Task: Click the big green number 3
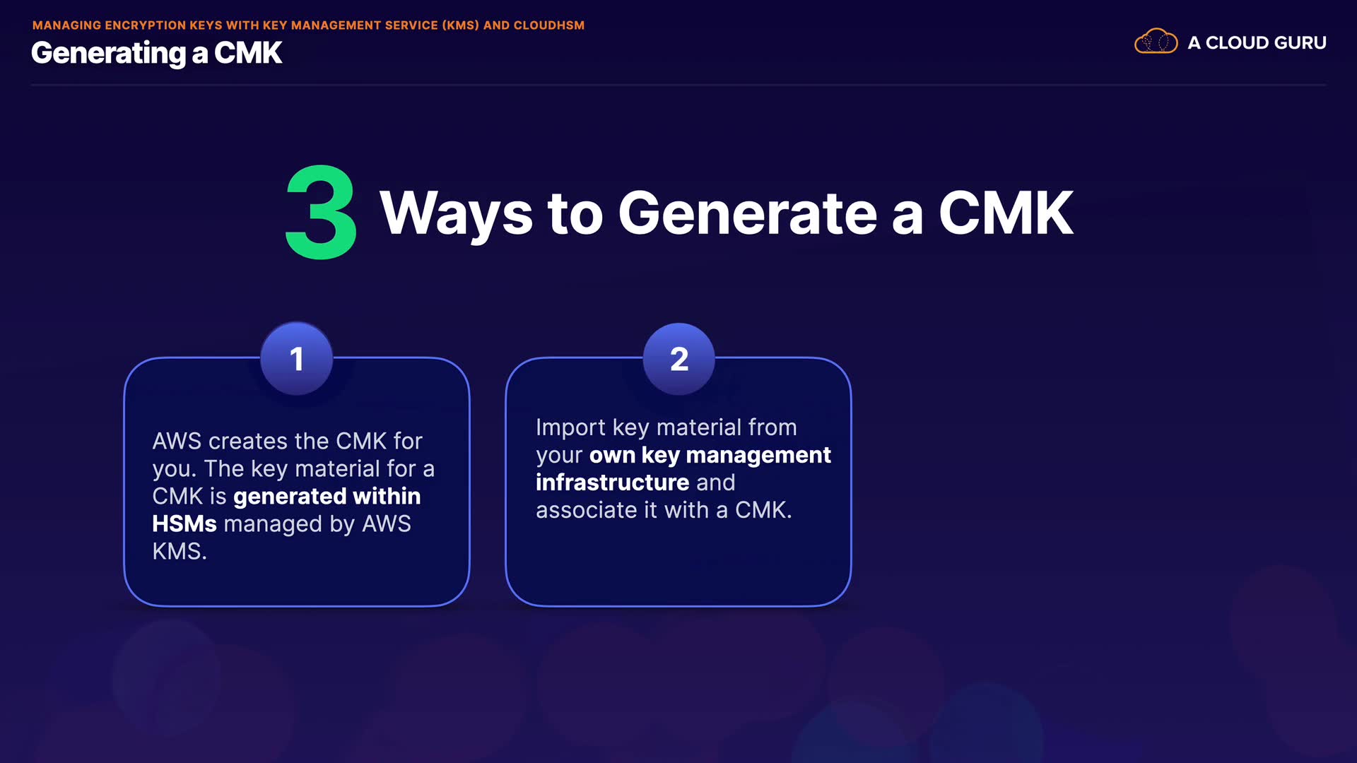point(321,212)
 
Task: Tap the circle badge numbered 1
point(297,359)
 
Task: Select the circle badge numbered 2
point(678,359)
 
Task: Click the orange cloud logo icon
point(1156,42)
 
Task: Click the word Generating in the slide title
point(109,54)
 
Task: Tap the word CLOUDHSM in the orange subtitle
point(549,25)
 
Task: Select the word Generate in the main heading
point(748,213)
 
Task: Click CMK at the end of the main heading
point(1006,213)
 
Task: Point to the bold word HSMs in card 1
point(184,524)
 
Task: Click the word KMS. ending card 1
point(180,551)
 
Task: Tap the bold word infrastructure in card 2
point(612,483)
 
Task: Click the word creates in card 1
point(248,442)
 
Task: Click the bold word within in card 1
point(387,496)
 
